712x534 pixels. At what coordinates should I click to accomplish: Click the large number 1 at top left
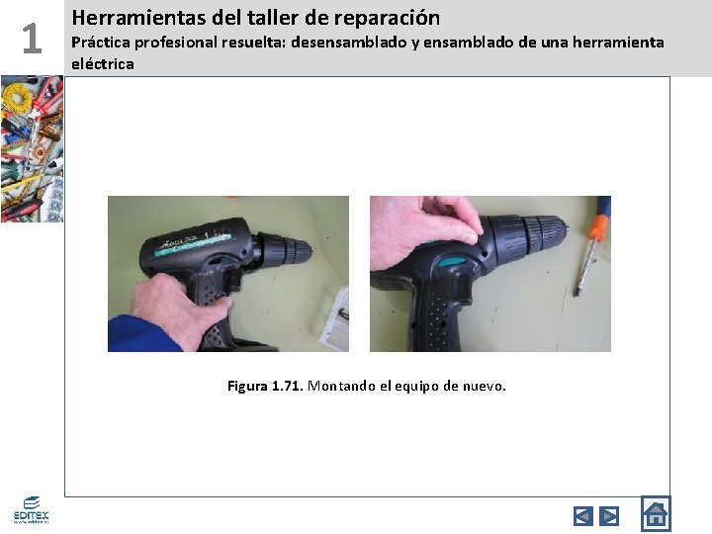[x=32, y=39]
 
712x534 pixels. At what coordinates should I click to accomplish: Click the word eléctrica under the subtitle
[x=103, y=63]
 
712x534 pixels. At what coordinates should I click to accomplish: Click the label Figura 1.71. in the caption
[x=265, y=386]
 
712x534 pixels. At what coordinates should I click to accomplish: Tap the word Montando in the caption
[x=341, y=386]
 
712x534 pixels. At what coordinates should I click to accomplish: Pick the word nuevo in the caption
[x=482, y=386]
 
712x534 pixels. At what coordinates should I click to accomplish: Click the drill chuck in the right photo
[x=538, y=235]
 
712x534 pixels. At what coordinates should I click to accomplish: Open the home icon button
[x=655, y=513]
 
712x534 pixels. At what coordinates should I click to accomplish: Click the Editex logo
[x=31, y=509]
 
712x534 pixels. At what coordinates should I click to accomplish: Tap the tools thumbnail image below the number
[x=31, y=148]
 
